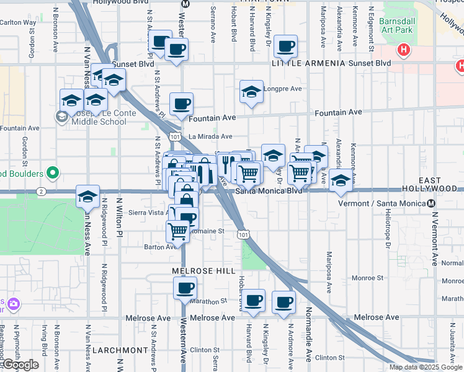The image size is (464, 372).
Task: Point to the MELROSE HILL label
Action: tap(203, 272)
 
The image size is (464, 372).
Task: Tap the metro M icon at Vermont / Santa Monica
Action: tap(431, 203)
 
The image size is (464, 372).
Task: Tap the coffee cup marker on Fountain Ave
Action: tap(181, 104)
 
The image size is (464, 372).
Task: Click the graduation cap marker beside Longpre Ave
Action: tap(251, 92)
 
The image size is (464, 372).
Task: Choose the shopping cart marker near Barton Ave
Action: tap(178, 231)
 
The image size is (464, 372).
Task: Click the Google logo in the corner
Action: tap(20, 365)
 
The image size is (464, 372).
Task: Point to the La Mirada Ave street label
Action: tap(210, 136)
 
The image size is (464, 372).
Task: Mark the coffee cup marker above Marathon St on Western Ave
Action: tap(184, 288)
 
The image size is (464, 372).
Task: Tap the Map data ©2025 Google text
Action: tap(425, 367)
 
